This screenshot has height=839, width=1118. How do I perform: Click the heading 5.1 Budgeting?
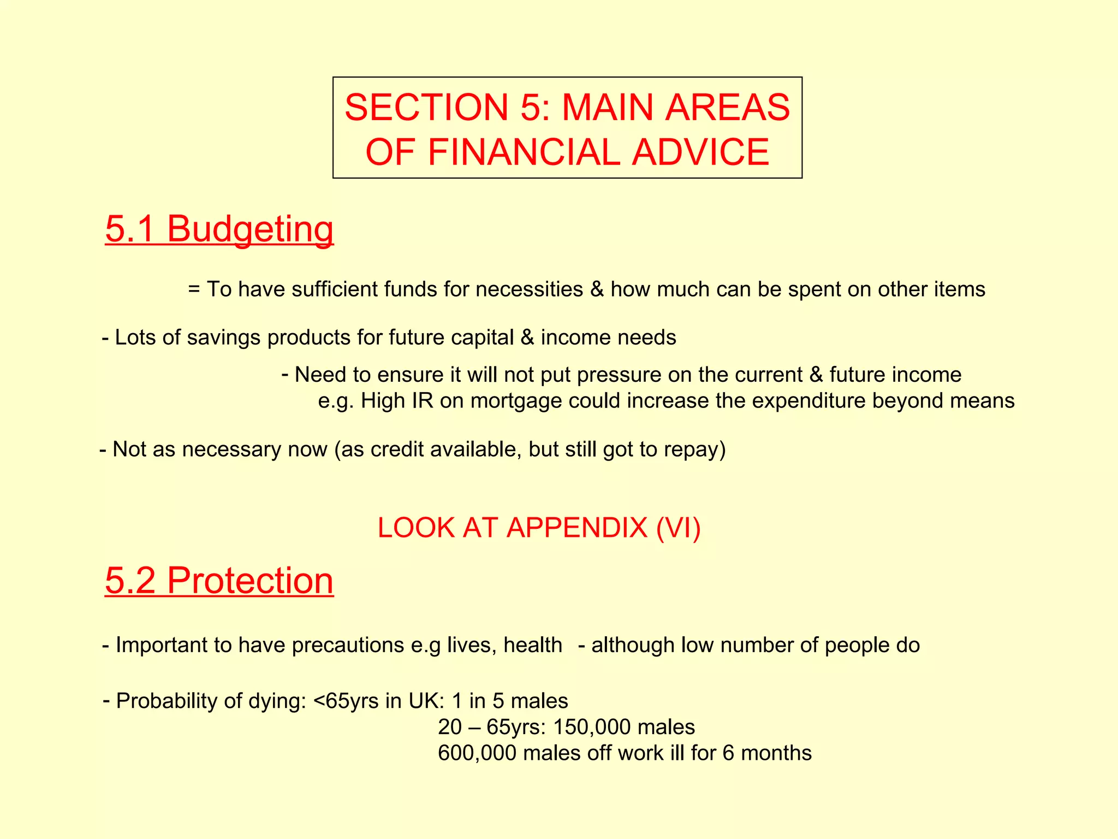click(x=219, y=229)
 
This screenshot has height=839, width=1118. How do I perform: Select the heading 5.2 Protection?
click(x=219, y=581)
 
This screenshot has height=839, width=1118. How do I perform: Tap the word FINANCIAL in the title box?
click(x=524, y=152)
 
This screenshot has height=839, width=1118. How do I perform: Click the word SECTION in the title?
click(x=426, y=108)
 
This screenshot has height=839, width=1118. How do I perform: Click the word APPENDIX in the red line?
click(x=576, y=528)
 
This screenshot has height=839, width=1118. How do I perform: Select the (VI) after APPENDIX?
click(x=679, y=528)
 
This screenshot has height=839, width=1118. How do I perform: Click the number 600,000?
click(x=477, y=753)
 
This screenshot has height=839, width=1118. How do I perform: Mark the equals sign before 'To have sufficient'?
click(x=194, y=289)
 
